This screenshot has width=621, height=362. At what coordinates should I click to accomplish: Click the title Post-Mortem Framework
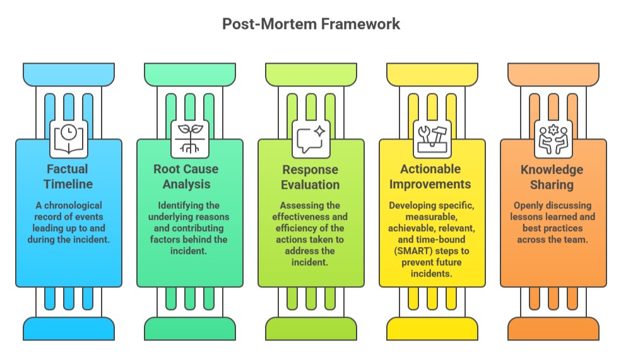(311, 24)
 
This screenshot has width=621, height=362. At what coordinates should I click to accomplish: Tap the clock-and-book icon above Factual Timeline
(68, 138)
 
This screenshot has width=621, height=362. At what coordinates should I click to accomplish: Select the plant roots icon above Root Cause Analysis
(189, 138)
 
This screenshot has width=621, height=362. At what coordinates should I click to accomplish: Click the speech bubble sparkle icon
(310, 138)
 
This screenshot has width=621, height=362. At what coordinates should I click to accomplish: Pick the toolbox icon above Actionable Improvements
(432, 138)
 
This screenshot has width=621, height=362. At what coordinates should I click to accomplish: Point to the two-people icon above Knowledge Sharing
(553, 138)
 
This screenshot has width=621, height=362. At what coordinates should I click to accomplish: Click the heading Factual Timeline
(68, 176)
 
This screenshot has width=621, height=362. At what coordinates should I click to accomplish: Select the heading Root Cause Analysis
(189, 176)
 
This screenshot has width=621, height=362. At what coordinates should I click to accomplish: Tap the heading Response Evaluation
(310, 177)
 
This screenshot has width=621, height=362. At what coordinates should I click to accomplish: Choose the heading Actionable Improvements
(432, 176)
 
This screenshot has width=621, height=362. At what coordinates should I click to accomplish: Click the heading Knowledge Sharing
(553, 177)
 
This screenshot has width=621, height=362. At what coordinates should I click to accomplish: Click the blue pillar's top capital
(68, 74)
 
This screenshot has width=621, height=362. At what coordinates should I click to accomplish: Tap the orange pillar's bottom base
(553, 329)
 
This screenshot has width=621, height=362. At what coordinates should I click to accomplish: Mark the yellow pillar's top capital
(432, 74)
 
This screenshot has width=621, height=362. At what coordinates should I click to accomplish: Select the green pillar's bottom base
(189, 329)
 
